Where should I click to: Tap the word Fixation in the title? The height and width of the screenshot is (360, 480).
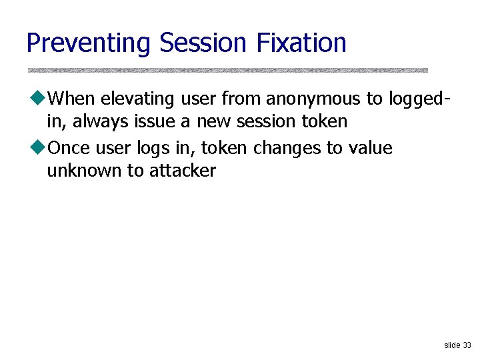tap(301, 43)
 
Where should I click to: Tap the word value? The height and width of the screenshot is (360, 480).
tap(370, 148)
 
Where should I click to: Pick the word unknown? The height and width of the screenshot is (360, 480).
tap(85, 171)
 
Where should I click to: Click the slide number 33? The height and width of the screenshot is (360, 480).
tap(466, 345)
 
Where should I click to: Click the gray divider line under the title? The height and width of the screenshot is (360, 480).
tap(227, 70)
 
